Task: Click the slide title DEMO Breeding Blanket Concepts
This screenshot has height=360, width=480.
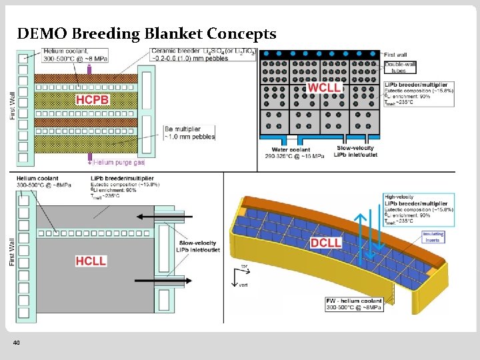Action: (x=147, y=33)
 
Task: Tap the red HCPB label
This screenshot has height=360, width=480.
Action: (x=92, y=100)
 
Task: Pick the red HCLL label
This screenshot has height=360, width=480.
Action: (x=91, y=261)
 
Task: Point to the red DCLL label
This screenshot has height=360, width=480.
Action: (x=327, y=243)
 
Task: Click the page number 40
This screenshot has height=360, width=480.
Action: (x=17, y=342)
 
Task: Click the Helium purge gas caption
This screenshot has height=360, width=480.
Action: (x=119, y=162)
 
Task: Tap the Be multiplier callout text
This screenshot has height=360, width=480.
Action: (x=191, y=133)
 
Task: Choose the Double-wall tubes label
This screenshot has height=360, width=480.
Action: (x=397, y=68)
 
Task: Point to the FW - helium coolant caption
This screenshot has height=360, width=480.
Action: (x=355, y=304)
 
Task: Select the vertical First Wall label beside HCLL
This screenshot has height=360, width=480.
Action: (x=12, y=252)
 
